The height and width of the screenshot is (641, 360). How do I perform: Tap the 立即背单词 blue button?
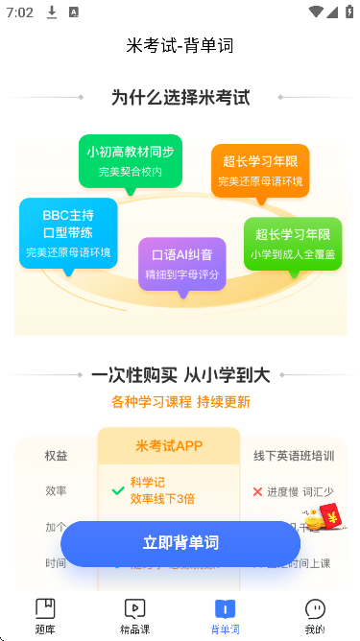180,543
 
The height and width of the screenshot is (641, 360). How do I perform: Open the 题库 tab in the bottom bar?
45,615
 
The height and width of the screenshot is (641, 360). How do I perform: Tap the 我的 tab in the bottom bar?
314,615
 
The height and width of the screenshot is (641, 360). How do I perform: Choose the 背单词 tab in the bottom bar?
225,615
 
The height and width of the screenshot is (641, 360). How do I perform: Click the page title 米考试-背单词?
180,45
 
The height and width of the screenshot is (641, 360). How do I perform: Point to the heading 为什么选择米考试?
180,97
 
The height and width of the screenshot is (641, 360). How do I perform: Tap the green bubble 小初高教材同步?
131,160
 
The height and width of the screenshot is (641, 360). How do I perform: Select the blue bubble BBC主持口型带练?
68,232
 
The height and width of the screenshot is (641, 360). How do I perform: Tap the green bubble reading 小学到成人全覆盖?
293,243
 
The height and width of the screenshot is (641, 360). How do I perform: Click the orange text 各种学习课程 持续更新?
180,401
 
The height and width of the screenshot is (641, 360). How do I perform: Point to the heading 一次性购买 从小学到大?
180,375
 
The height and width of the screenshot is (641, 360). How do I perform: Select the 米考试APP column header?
169,445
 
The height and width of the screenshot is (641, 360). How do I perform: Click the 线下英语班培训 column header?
294,456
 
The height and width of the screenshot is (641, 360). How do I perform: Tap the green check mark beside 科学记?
118,490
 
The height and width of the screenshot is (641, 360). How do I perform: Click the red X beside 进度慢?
257,491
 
